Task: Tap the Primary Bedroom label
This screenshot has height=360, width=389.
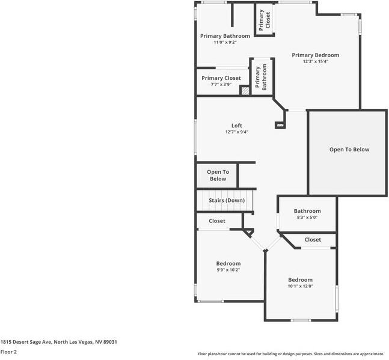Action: (316, 55)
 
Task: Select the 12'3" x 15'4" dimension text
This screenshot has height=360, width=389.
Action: (316, 61)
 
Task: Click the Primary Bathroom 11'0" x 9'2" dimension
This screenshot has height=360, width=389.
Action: (225, 42)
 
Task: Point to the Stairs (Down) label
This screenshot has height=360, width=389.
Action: (227, 200)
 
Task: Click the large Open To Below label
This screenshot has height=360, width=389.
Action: (349, 150)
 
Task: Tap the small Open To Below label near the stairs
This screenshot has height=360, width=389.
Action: (218, 175)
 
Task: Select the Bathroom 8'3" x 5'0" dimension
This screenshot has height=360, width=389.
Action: (307, 218)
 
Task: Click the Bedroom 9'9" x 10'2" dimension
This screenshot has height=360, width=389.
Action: (228, 270)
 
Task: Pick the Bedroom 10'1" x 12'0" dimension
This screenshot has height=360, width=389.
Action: (300, 286)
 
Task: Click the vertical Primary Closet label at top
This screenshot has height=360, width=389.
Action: (265, 20)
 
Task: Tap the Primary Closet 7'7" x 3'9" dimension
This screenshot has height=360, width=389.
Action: (221, 85)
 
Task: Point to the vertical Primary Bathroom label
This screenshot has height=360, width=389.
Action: (261, 78)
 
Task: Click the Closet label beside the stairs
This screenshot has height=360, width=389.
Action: (217, 221)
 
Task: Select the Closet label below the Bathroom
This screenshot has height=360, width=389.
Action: (313, 240)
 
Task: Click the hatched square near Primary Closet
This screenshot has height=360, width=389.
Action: (245, 91)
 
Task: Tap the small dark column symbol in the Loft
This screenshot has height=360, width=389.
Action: (279, 125)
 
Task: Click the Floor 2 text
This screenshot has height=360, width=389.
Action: (8, 352)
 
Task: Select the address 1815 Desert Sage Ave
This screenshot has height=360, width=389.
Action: (58, 341)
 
